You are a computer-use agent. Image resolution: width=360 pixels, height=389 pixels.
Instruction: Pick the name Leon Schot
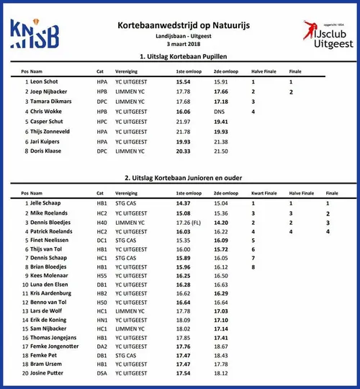coord(45,82)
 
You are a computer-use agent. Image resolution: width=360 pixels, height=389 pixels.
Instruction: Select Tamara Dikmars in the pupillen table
coord(50,102)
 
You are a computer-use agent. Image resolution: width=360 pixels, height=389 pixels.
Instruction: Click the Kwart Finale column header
coord(264,194)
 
